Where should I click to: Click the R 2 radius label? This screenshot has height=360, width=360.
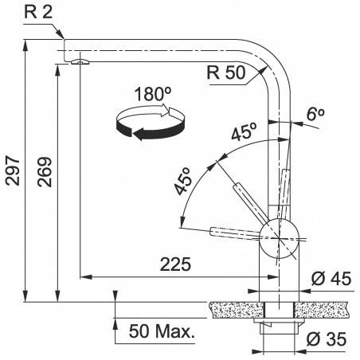(39, 13)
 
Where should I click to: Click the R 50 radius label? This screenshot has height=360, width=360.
(226, 72)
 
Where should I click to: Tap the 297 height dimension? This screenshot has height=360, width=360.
(13, 170)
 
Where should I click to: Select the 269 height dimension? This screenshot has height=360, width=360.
(45, 172)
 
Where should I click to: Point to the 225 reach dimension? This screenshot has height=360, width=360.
(175, 264)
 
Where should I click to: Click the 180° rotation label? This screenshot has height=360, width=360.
(153, 94)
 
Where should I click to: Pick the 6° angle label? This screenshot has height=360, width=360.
(315, 114)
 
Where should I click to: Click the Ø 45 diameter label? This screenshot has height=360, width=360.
(331, 279)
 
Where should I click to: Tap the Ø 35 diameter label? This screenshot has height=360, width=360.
(327, 339)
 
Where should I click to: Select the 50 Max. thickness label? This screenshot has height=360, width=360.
(162, 331)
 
